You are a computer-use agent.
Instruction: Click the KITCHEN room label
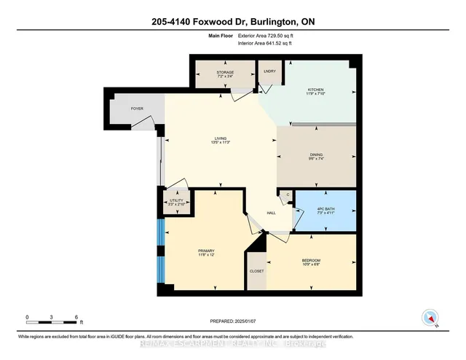tap(319, 90)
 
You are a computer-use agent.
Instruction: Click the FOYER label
tap(137, 109)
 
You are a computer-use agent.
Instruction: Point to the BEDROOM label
tap(311, 261)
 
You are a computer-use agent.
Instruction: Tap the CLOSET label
tap(256, 271)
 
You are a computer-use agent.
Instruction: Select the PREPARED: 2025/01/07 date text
tap(233, 319)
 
